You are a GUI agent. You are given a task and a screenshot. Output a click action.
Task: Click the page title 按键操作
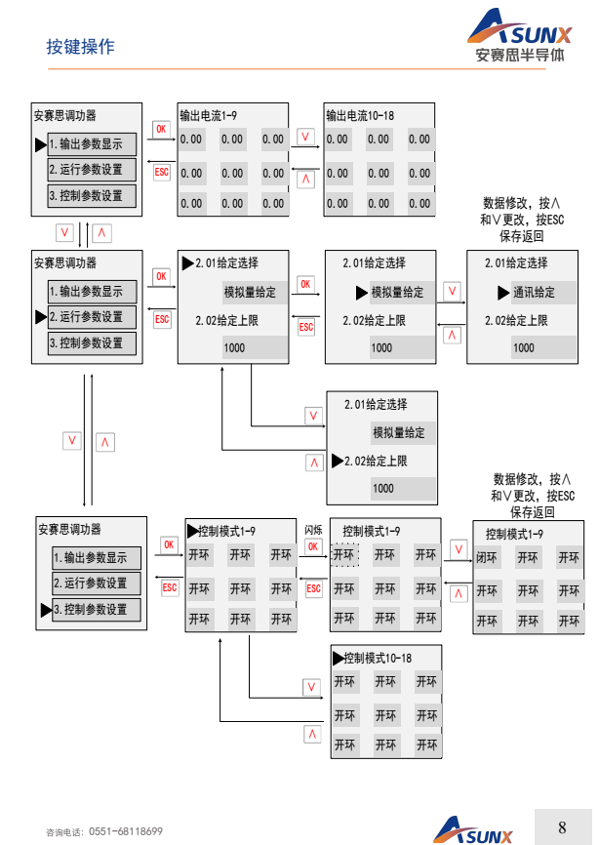80,47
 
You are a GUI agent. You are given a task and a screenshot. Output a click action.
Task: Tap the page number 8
562,827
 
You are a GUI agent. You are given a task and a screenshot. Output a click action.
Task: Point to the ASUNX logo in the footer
473,830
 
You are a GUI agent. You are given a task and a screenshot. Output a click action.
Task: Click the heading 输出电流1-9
209,115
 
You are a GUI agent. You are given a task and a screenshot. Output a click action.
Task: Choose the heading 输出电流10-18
360,115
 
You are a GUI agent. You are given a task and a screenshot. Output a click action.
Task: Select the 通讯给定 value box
533,292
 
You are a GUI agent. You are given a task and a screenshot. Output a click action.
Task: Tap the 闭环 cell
487,559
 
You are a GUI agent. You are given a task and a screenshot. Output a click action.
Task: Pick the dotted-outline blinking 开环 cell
344,555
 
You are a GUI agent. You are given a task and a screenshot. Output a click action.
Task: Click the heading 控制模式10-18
379,658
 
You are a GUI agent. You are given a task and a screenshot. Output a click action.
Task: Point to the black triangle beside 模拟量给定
361,292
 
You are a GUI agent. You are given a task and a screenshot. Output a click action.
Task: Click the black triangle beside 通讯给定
503,292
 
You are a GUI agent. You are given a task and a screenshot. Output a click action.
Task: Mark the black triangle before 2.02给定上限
338,461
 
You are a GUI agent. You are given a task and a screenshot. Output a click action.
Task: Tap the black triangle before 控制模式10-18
339,658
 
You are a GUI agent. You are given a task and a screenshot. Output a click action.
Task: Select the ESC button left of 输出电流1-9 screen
162,172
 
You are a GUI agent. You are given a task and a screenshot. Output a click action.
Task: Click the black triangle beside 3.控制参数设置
45,610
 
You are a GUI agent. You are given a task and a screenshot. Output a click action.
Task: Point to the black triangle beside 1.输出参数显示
41,144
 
